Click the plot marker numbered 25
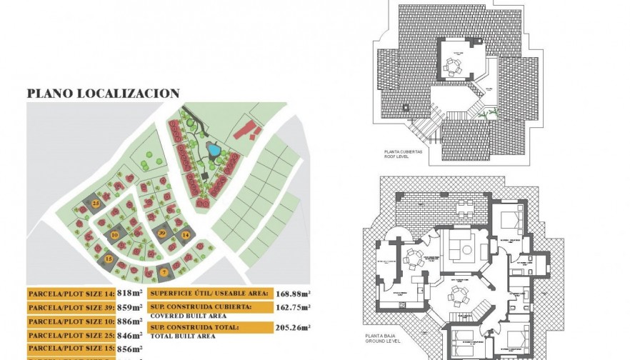click(96, 204)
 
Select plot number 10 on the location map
click(114, 235)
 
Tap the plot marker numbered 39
click(162, 233)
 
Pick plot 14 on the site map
click(185, 234)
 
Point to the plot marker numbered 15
click(109, 259)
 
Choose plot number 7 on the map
click(164, 272)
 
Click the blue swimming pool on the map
click(213, 150)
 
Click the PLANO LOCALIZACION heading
click(103, 94)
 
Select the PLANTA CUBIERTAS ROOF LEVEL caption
click(403, 155)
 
